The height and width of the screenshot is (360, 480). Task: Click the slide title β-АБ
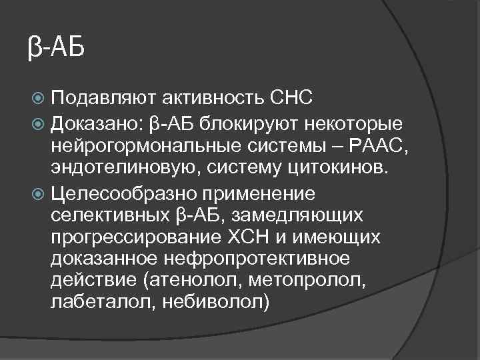pyautogui.click(x=56, y=49)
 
